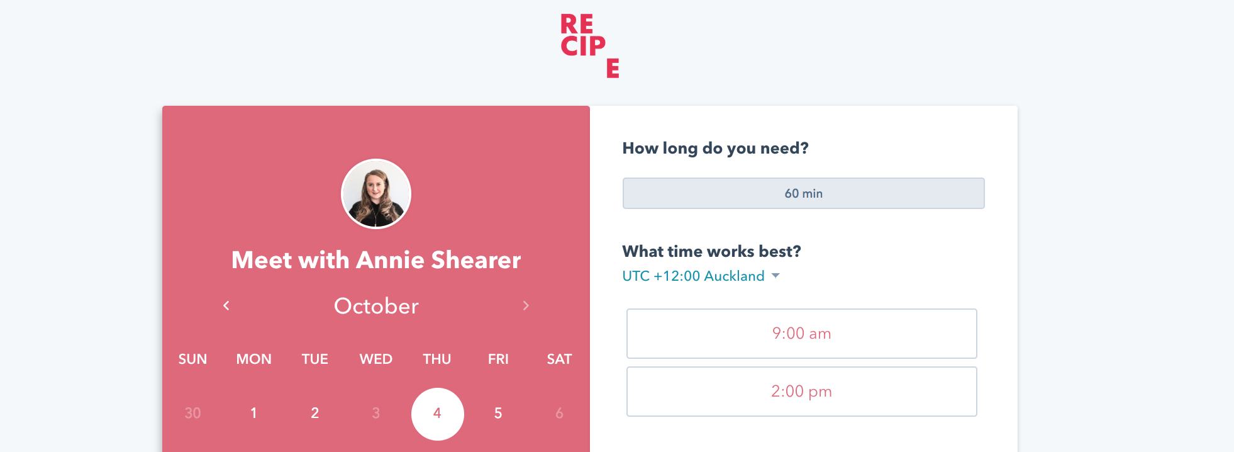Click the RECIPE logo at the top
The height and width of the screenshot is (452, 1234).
tap(589, 46)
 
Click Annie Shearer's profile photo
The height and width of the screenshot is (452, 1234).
tap(376, 194)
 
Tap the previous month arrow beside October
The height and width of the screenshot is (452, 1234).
tap(226, 305)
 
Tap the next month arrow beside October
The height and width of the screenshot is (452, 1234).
tap(526, 305)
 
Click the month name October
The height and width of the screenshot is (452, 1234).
tap(376, 306)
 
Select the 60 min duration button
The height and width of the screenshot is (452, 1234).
tap(803, 193)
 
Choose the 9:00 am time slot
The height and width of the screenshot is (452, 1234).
tap(801, 334)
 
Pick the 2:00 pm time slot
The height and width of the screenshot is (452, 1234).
tap(801, 392)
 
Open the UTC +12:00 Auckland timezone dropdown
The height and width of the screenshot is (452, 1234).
tap(701, 276)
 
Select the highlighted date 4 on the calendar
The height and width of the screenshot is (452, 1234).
tap(437, 414)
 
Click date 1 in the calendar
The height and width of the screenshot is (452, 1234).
tap(253, 413)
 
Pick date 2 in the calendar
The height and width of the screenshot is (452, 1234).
tap(314, 413)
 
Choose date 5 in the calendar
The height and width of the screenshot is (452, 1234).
tap(498, 413)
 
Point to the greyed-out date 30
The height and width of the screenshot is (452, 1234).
tap(192, 413)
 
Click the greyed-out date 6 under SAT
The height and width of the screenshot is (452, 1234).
tap(559, 413)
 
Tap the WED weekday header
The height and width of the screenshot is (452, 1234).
tap(375, 359)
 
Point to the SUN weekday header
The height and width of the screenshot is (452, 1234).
tap(192, 359)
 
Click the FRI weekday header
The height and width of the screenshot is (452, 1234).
tap(498, 359)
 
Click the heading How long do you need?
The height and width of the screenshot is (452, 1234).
tap(715, 149)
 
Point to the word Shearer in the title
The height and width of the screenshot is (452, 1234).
tap(476, 260)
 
